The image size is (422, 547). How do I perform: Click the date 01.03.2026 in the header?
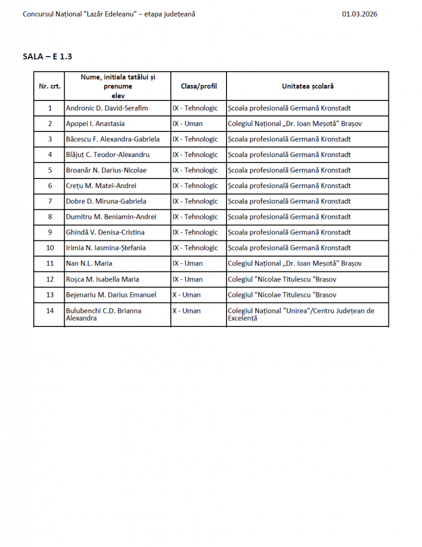coord(360,14)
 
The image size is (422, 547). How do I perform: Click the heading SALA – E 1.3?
coord(48,56)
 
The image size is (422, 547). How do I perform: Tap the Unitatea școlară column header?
coord(308,86)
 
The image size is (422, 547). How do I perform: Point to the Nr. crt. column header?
coord(50,86)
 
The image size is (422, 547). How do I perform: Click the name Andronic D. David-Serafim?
coord(107,108)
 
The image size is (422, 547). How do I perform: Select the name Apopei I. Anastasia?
coord(95,123)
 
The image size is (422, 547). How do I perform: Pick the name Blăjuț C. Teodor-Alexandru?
coord(107,155)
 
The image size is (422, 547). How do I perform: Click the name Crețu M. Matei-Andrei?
coord(101,186)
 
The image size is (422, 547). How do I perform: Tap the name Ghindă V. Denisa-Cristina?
coord(105,232)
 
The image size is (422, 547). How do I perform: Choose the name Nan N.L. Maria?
coord(89,263)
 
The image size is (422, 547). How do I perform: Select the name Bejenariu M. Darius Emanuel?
coord(111,294)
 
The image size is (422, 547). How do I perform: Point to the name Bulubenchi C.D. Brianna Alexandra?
coord(103,314)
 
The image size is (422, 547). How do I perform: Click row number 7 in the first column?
coord(50,201)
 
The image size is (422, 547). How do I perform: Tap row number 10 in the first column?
coord(50,248)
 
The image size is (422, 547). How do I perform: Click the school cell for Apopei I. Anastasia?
coord(302,123)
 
